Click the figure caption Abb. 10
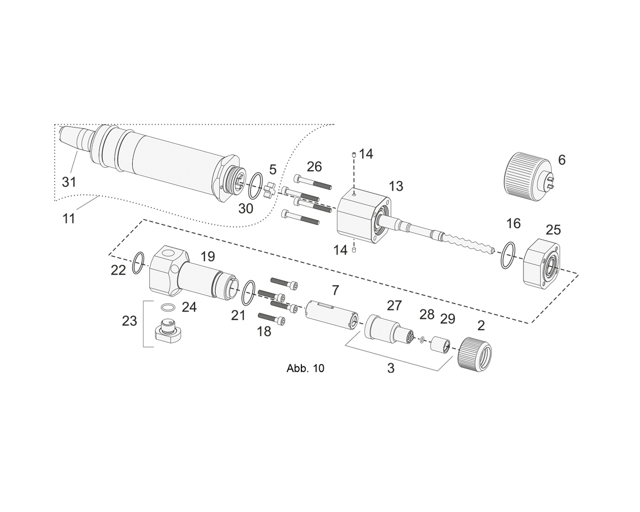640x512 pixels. point(306,369)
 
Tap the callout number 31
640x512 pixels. point(69,181)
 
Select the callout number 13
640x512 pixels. point(396,186)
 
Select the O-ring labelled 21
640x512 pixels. point(249,293)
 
